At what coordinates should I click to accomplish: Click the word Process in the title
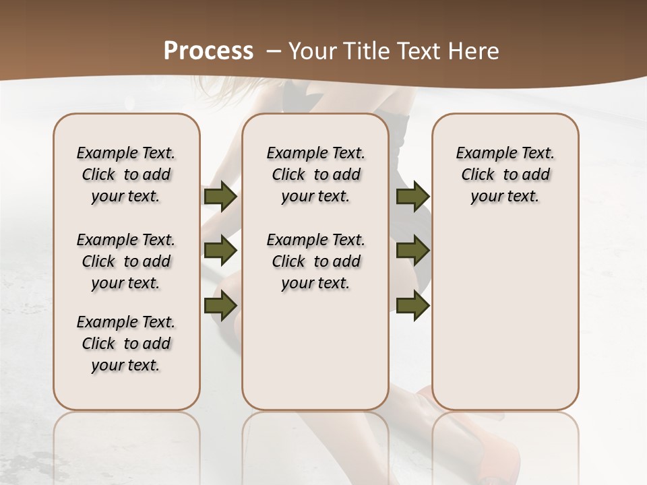point(208,51)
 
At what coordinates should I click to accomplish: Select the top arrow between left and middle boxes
point(220,196)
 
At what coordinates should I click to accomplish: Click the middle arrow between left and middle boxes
point(220,251)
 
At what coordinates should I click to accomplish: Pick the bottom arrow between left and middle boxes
point(220,306)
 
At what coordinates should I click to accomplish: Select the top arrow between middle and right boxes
point(412,196)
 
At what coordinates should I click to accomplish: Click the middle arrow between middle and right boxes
point(412,251)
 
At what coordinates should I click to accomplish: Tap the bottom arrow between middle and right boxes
point(412,306)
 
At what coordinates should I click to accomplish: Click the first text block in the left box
point(126,174)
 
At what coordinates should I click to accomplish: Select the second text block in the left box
point(126,261)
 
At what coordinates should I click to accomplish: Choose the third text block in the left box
point(126,344)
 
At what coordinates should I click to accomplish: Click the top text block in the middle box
point(315,174)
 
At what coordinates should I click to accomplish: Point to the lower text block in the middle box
point(315,261)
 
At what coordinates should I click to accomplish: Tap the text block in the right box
point(505,174)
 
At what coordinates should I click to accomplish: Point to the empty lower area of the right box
point(505,317)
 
